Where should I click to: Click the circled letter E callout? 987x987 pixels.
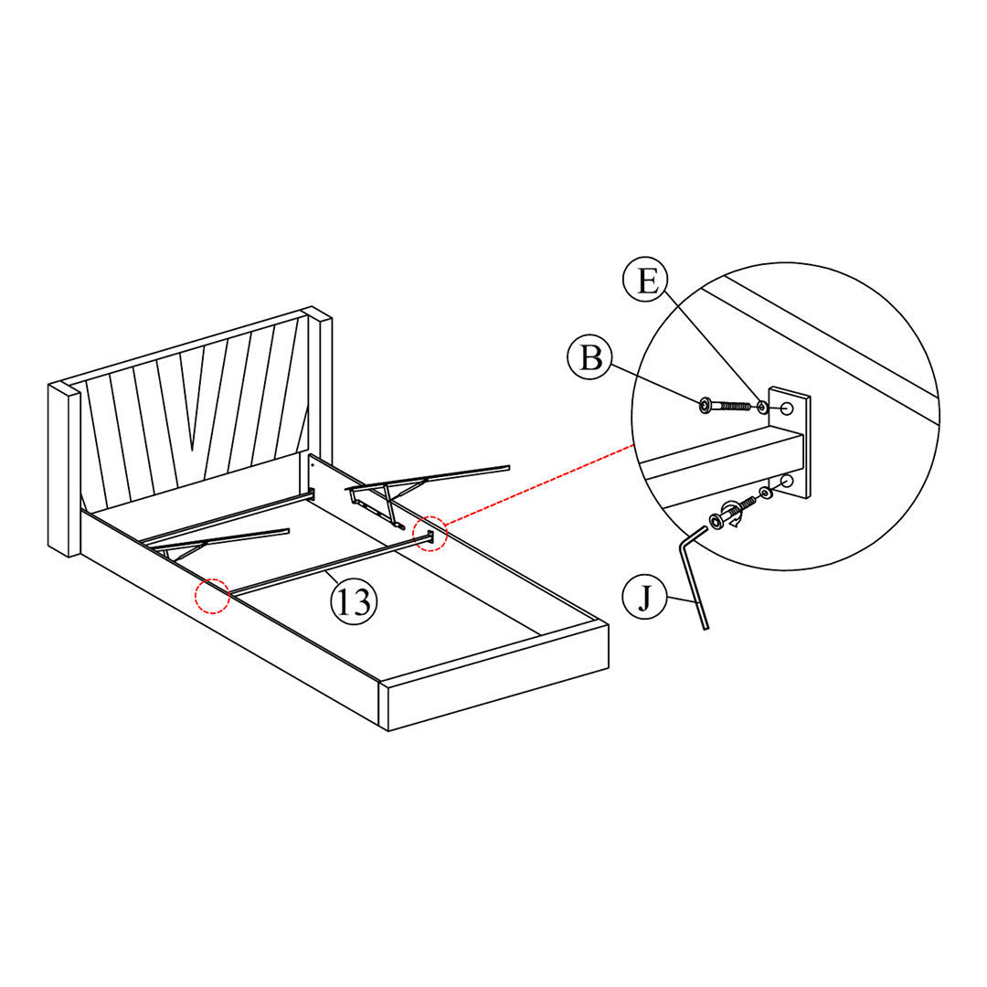pyautogui.click(x=647, y=280)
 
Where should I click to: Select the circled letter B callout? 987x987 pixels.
pyautogui.click(x=591, y=357)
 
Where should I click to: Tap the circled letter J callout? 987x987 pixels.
pyautogui.click(x=645, y=599)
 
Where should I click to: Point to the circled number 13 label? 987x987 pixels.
pyautogui.click(x=353, y=602)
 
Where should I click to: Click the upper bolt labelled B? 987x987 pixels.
pyautogui.click(x=726, y=405)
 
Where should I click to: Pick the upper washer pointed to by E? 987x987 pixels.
pyautogui.click(x=761, y=406)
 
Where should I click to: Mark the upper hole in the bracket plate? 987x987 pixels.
pyautogui.click(x=785, y=409)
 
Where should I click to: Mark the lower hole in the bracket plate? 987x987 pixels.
pyautogui.click(x=787, y=481)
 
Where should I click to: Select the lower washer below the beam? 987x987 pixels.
pyautogui.click(x=765, y=493)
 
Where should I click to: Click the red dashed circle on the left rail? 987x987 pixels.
pyautogui.click(x=213, y=595)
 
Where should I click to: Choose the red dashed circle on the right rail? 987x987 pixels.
pyautogui.click(x=430, y=533)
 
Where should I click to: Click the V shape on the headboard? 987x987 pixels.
pyautogui.click(x=192, y=402)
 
